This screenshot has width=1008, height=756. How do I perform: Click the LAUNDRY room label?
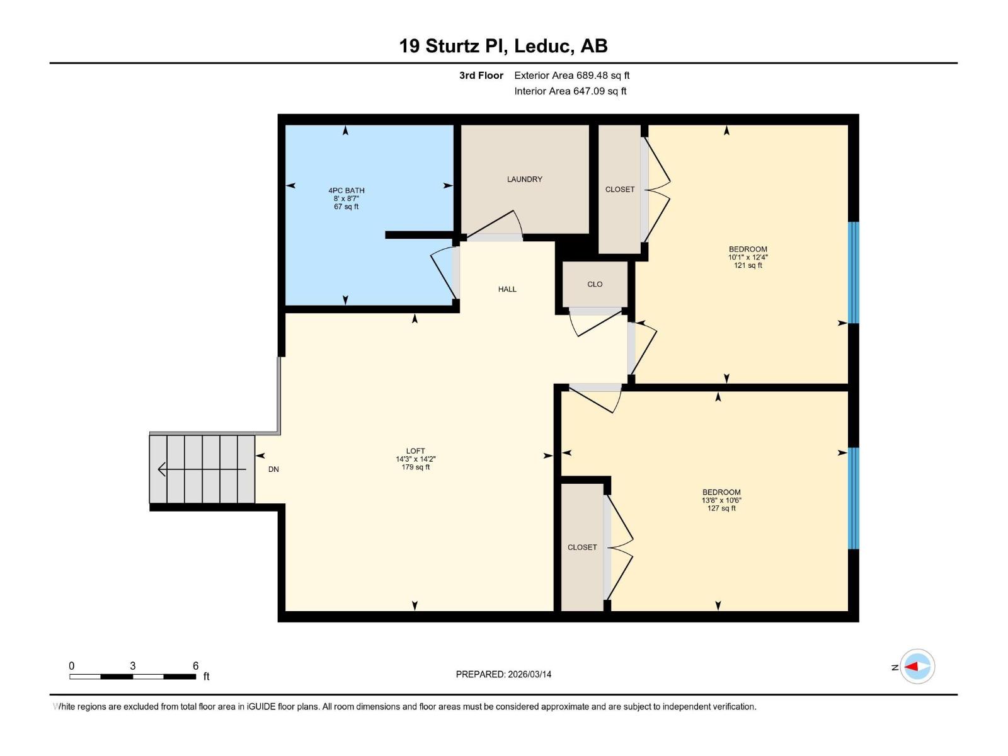tap(524, 180)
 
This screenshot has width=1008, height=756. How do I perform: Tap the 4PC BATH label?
tap(346, 190)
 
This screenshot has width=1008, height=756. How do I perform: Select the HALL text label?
tap(507, 289)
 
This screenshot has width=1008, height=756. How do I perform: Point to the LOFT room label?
tap(415, 451)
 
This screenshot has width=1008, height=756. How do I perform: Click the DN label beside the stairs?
tap(273, 469)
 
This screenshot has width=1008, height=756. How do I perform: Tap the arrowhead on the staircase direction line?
tap(161, 469)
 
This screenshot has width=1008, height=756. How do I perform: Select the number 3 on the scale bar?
tap(133, 666)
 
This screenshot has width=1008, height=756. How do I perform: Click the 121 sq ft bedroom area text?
tap(748, 265)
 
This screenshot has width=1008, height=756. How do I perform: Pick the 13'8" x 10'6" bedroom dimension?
tap(721, 500)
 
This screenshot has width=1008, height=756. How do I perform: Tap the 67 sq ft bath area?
tap(346, 207)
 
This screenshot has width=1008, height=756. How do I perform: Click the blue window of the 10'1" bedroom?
tap(853, 273)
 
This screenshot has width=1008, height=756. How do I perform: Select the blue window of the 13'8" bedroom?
tap(853, 498)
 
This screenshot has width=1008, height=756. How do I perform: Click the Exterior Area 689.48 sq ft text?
tap(572, 76)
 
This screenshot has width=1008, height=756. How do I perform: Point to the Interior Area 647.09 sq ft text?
tap(570, 91)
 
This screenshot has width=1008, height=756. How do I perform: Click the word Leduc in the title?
tap(544, 46)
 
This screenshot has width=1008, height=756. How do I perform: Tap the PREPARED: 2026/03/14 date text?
tap(503, 674)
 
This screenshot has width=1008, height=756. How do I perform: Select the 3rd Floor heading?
tap(481, 76)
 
